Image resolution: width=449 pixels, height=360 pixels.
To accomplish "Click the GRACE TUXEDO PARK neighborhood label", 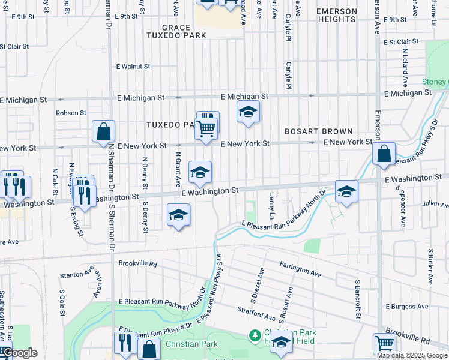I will click(176, 31).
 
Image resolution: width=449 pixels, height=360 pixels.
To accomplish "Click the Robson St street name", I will click(71, 113).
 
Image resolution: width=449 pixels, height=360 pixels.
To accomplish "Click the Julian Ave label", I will click(435, 205).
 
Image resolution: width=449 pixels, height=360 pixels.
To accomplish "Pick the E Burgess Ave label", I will click(407, 307).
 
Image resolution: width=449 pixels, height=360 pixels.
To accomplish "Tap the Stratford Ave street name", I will click(256, 313).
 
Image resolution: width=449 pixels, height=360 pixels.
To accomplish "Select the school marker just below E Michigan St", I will click(248, 112).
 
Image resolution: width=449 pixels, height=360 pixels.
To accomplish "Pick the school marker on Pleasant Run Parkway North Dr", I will click(346, 191).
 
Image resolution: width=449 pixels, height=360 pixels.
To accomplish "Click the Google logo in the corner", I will click(19, 353).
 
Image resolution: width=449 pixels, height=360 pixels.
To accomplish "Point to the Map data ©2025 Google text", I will click(412, 355).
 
